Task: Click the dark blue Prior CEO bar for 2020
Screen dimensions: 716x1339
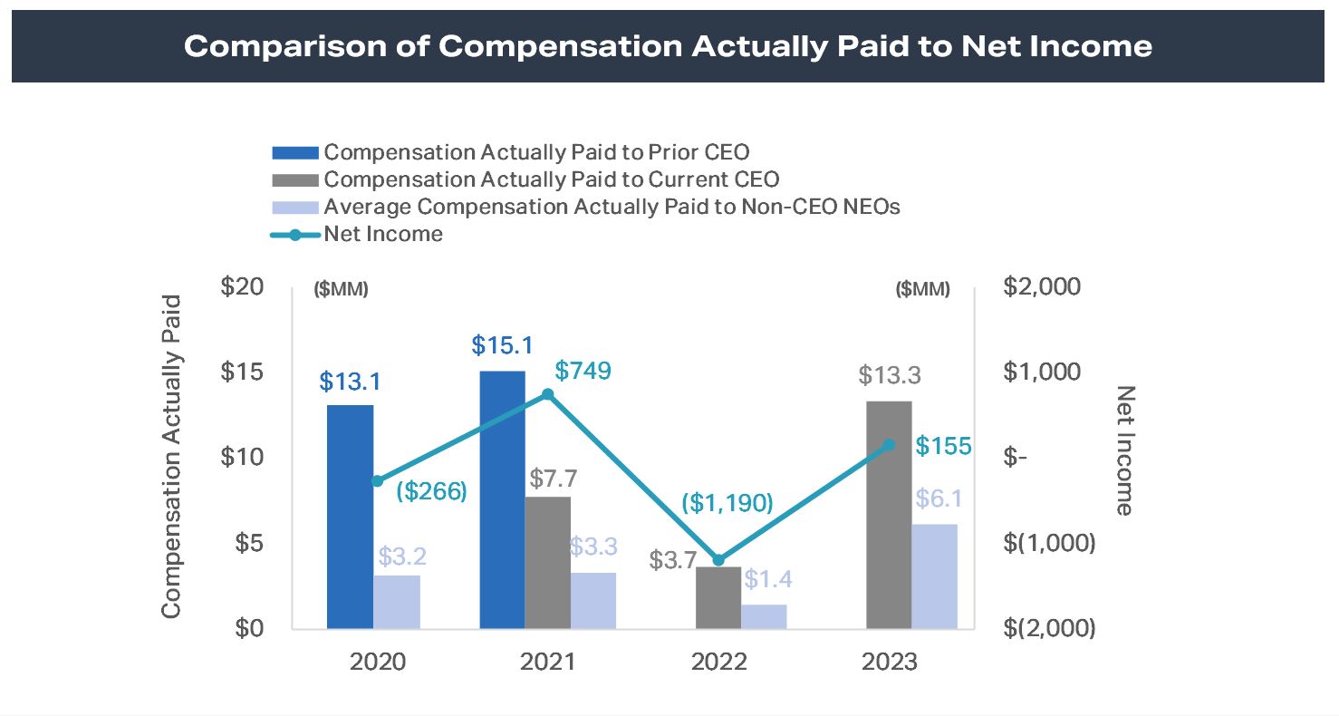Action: pos(350,516)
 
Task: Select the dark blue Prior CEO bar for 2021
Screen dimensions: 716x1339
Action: pos(502,498)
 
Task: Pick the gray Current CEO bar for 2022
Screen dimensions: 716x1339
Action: pos(718,597)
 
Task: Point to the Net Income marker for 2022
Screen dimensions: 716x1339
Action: pos(718,560)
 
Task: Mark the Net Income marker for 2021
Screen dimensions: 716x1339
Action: pos(547,394)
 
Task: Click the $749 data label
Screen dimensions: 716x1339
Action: pos(584,371)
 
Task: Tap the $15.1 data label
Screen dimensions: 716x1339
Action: pos(502,346)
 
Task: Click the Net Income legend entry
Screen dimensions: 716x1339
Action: pos(382,234)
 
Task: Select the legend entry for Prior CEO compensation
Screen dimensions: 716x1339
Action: pos(536,152)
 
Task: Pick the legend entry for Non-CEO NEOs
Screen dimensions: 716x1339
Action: pos(612,207)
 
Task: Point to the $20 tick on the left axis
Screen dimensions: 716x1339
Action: pos(242,286)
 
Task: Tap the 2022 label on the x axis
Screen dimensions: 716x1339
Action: pos(718,661)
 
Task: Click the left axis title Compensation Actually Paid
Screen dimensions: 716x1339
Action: pos(171,457)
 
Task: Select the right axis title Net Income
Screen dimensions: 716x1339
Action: pos(1124,450)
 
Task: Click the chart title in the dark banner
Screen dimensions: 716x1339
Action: pos(668,46)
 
